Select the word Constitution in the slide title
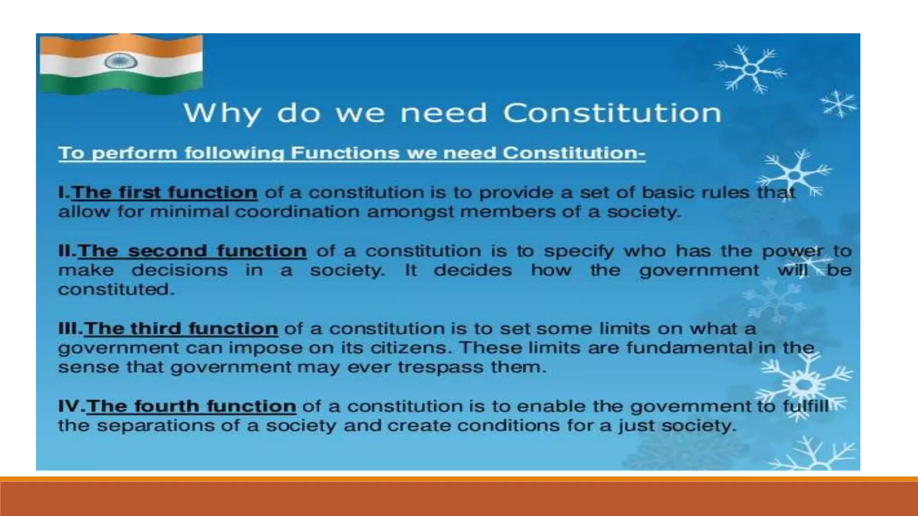pos(612,113)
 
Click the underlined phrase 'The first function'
pos(165,193)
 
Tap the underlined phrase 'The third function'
pos(181,329)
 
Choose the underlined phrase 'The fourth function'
pos(191,406)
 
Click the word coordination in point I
pos(297,212)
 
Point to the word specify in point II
pos(579,251)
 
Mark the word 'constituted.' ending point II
pos(116,290)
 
